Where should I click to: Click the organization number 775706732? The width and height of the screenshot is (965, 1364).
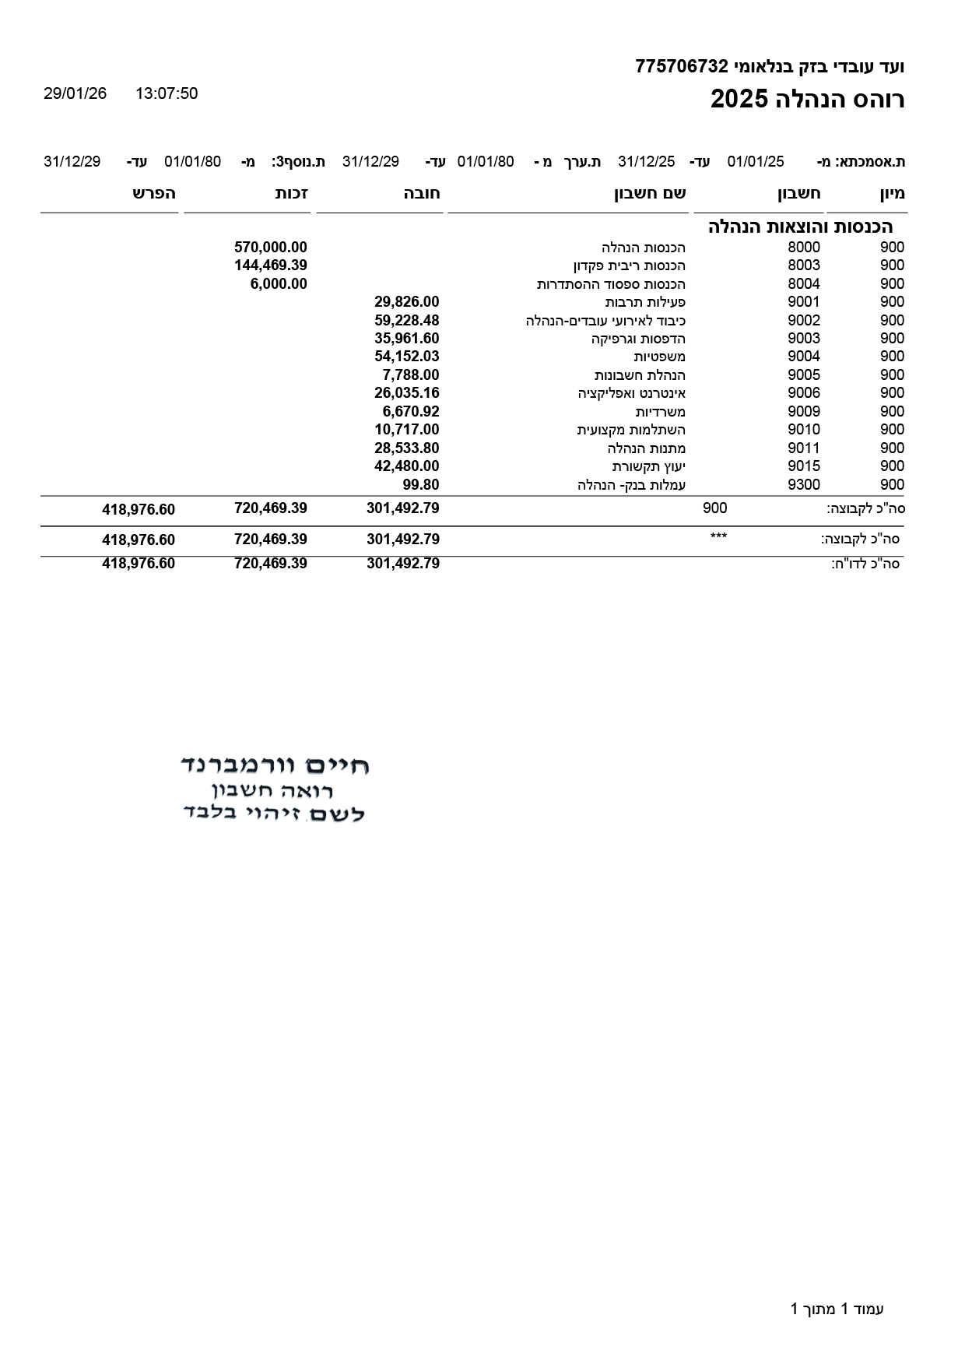pyautogui.click(x=681, y=67)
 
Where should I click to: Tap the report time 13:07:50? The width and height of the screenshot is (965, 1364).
pyautogui.click(x=167, y=94)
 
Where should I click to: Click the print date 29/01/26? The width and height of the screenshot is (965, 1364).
pyautogui.click(x=75, y=94)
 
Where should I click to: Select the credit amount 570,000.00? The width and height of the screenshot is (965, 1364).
pyautogui.click(x=271, y=248)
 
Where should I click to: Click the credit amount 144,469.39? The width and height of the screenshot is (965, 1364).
pyautogui.click(x=271, y=265)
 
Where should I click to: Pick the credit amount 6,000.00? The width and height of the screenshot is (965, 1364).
pyautogui.click(x=279, y=284)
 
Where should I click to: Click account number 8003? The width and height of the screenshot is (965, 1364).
pyautogui.click(x=804, y=265)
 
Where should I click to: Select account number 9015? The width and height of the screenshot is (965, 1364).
pyautogui.click(x=804, y=466)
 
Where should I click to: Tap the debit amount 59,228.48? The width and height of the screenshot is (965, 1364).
pyautogui.click(x=407, y=321)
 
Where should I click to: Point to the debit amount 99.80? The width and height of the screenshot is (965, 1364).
pyautogui.click(x=421, y=485)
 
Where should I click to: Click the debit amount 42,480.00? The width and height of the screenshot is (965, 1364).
pyautogui.click(x=407, y=466)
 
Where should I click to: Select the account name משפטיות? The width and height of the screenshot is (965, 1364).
pyautogui.click(x=659, y=357)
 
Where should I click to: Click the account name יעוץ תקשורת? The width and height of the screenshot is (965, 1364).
pyautogui.click(x=648, y=467)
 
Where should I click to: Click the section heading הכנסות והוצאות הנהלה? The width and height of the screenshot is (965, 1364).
pyautogui.click(x=800, y=227)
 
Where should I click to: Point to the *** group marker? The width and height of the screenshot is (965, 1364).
pyautogui.click(x=718, y=537)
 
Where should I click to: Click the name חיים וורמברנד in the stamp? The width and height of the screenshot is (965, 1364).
pyautogui.click(x=275, y=765)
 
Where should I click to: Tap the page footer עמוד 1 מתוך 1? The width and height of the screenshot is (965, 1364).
pyautogui.click(x=837, y=1310)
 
